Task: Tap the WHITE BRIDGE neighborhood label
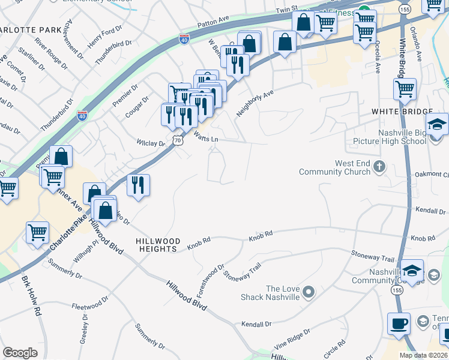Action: pos(402,112)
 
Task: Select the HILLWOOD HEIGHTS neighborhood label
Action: pos(157,244)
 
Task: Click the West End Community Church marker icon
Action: pos(379,166)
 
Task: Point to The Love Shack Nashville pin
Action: pos(309,292)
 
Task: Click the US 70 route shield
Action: pos(177,139)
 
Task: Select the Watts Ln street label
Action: pos(205,137)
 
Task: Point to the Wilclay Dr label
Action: pos(151,144)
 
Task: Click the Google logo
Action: pos(20,352)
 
